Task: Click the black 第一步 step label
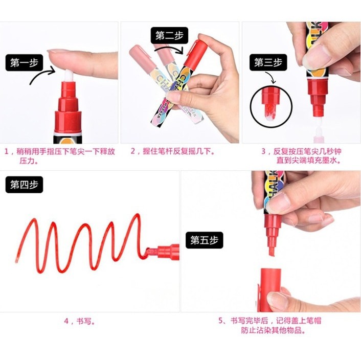[24, 62]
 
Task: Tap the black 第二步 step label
[169, 35]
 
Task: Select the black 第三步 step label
[268, 62]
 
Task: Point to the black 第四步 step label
[24, 185]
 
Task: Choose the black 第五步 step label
[204, 240]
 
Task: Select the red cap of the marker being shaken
[195, 54]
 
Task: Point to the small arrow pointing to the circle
[271, 77]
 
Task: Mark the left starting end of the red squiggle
[16, 261]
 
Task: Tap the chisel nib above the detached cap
[272, 250]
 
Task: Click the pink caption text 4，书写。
[79, 321]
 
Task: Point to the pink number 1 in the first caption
[7, 151]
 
